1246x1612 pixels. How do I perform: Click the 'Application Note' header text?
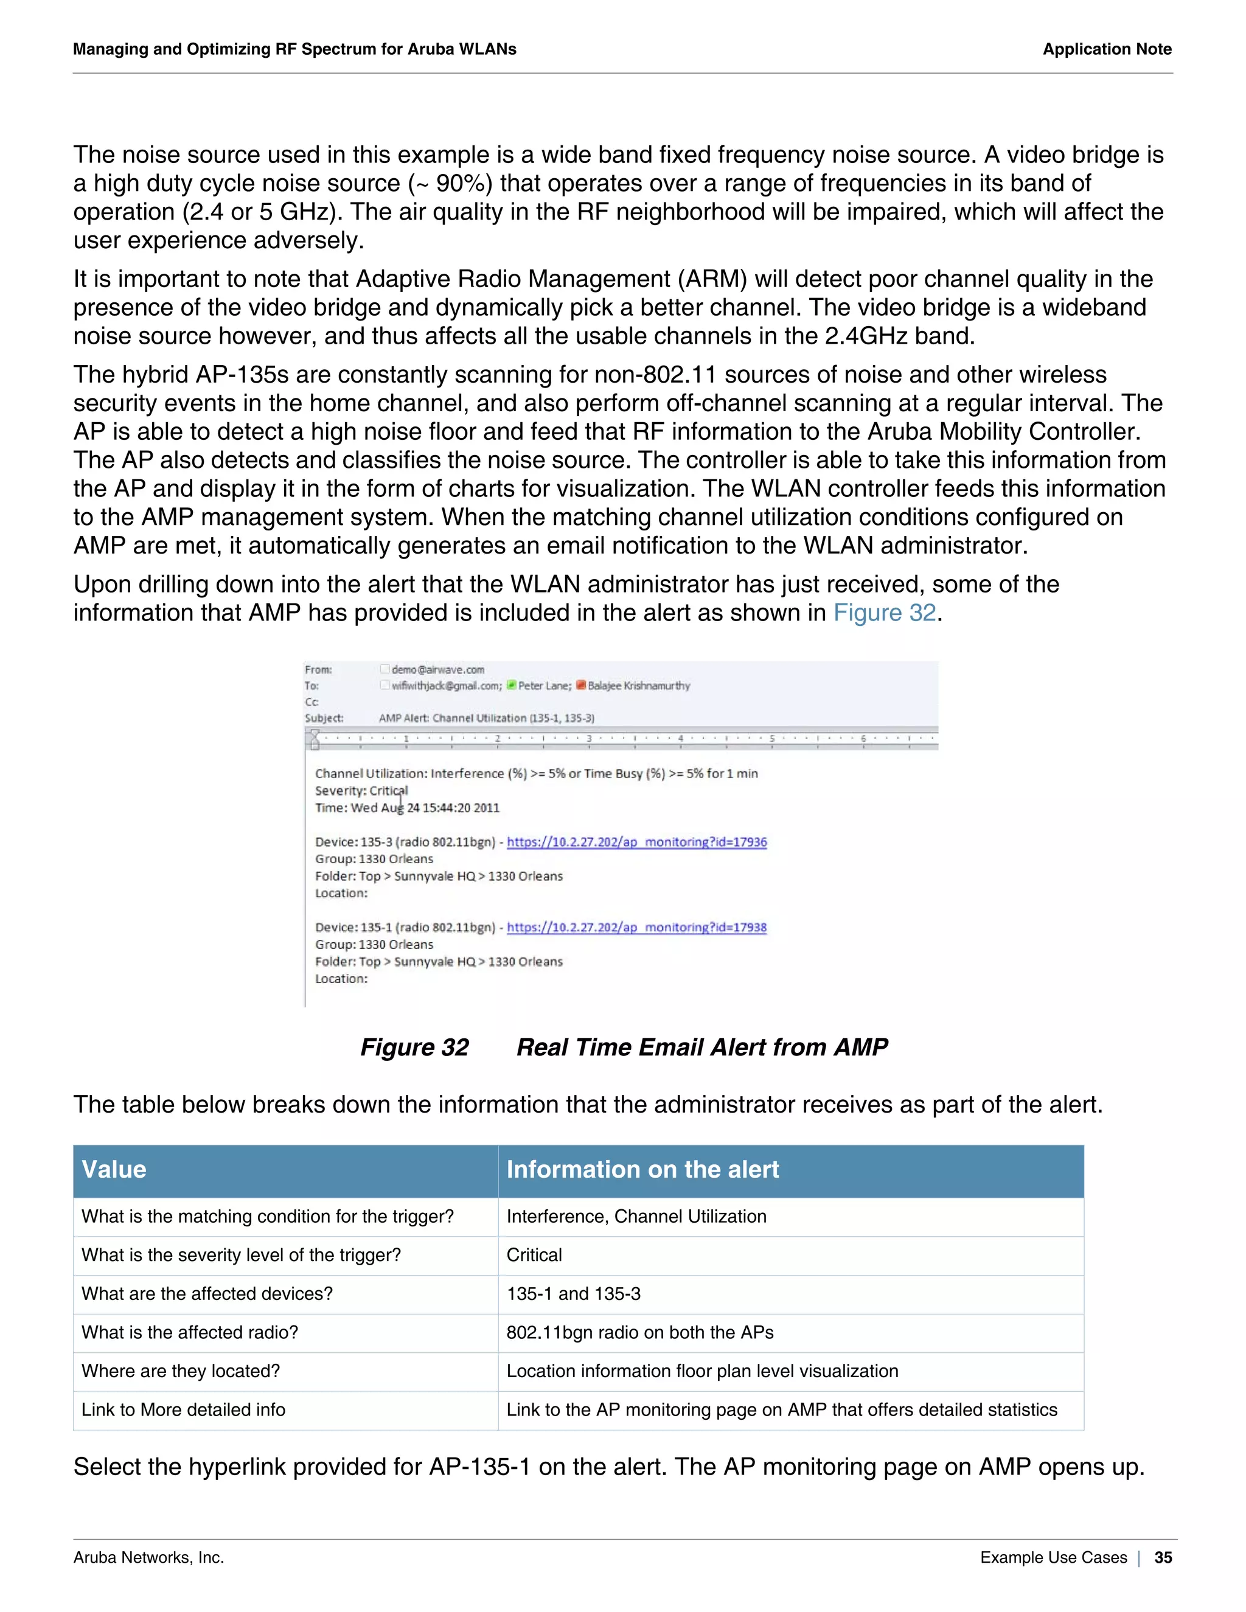[x=1107, y=49]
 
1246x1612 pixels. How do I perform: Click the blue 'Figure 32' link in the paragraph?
[x=884, y=613]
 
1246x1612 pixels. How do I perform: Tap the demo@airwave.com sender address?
[x=437, y=670]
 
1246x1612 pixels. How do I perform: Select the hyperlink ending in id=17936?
[x=636, y=841]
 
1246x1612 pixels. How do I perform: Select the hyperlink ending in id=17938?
[x=636, y=927]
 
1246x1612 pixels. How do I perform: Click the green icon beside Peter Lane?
[x=512, y=685]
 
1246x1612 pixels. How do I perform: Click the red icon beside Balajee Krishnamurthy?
[x=581, y=685]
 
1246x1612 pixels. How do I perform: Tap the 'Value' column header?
[x=114, y=1170]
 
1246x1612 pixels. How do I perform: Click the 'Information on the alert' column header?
[x=642, y=1170]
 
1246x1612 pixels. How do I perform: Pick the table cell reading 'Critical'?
[x=534, y=1255]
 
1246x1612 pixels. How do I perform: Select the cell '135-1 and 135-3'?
[x=574, y=1294]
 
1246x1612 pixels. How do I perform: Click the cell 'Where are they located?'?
[x=181, y=1371]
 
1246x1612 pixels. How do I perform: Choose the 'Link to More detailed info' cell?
[x=183, y=1410]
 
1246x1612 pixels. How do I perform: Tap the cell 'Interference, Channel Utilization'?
[x=636, y=1217]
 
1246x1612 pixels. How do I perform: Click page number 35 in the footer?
[x=1163, y=1557]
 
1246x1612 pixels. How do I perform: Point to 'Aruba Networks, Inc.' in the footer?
[x=148, y=1557]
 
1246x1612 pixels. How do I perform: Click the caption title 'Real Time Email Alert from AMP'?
[x=701, y=1047]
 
